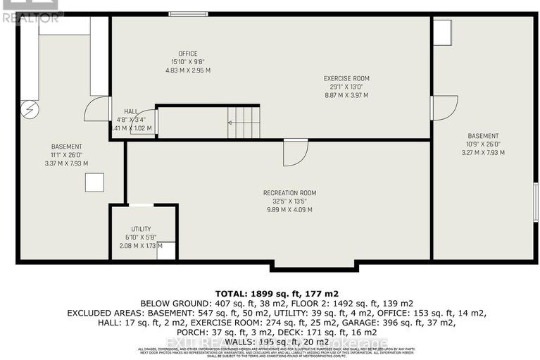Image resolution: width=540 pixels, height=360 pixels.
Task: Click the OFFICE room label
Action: click(x=187, y=54)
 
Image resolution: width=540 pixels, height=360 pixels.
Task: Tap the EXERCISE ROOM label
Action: click(x=346, y=78)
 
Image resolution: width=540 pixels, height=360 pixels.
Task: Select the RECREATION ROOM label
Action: click(x=289, y=192)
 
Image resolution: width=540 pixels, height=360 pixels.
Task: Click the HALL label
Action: click(x=131, y=111)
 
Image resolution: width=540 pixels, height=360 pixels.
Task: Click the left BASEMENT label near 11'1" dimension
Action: click(x=66, y=147)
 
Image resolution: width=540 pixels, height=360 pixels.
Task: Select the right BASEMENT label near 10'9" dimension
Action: click(x=483, y=136)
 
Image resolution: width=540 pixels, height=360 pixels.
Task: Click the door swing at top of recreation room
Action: click(x=295, y=152)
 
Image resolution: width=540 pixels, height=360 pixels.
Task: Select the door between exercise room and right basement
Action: click(x=444, y=107)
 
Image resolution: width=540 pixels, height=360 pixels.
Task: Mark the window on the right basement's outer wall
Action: click(x=535, y=203)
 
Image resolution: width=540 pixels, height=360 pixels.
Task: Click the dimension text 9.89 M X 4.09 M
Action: click(x=289, y=209)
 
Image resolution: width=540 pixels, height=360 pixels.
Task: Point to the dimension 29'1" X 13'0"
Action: click(x=346, y=87)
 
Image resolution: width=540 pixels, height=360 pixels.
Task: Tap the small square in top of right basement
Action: click(x=441, y=32)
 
